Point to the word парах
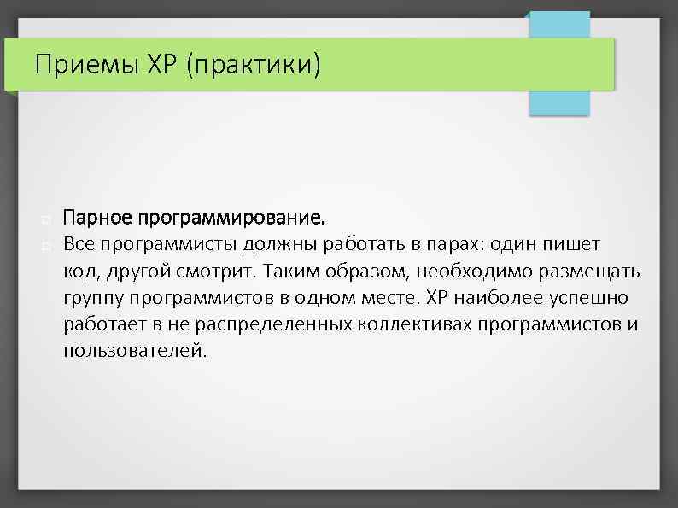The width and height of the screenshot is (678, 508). coord(453,245)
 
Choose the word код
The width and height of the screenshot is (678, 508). coord(79,272)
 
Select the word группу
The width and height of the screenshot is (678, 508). coord(91,298)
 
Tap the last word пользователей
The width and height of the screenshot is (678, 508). coord(134,351)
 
